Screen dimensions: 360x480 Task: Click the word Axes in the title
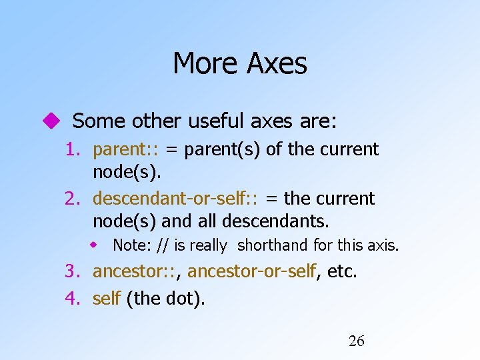tap(277, 64)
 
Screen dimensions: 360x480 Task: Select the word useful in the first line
tap(217, 121)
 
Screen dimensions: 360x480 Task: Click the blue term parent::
tap(126, 149)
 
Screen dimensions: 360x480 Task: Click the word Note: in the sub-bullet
tap(132, 245)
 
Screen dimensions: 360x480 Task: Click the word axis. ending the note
tap(383, 245)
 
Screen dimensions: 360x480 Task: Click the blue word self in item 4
tap(106, 299)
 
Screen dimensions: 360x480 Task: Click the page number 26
tap(357, 341)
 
